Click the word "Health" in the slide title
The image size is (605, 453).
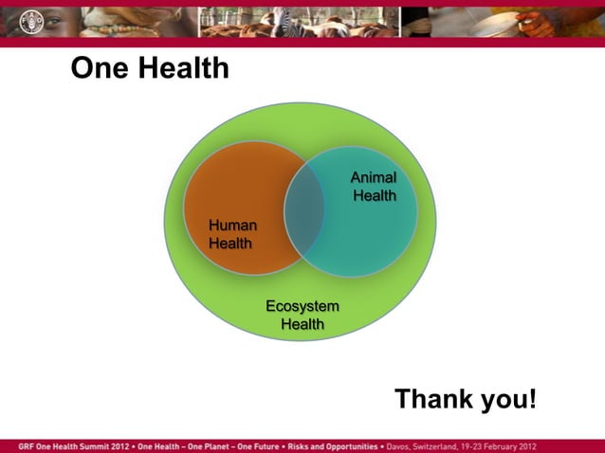(x=180, y=68)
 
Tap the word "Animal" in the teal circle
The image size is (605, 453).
(x=374, y=178)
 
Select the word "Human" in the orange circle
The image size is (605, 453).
(x=232, y=226)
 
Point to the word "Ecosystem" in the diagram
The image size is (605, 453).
(x=302, y=306)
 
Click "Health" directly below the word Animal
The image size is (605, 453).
(x=375, y=196)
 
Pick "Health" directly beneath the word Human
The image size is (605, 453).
(x=230, y=244)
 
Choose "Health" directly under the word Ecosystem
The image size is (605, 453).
(x=302, y=324)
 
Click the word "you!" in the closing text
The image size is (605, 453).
(x=509, y=399)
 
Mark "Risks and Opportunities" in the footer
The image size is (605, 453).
(x=337, y=445)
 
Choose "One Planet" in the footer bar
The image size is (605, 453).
(x=208, y=445)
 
